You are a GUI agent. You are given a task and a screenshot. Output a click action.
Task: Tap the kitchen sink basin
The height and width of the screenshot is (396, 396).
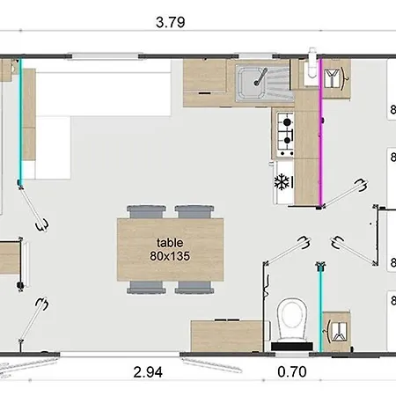point(255,80)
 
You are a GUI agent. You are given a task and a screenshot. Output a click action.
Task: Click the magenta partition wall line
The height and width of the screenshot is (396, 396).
point(320,132)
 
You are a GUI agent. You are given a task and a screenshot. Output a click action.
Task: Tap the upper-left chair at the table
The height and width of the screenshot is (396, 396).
point(141,212)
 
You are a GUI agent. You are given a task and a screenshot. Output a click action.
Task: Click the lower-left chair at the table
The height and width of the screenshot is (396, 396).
point(141,287)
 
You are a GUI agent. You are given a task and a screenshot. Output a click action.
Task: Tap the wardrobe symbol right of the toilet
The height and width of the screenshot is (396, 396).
point(336,329)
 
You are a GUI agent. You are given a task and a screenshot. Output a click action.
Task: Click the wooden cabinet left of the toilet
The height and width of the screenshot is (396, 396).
point(227,334)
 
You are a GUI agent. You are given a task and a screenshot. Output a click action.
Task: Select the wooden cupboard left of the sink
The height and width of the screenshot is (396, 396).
point(209,79)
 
